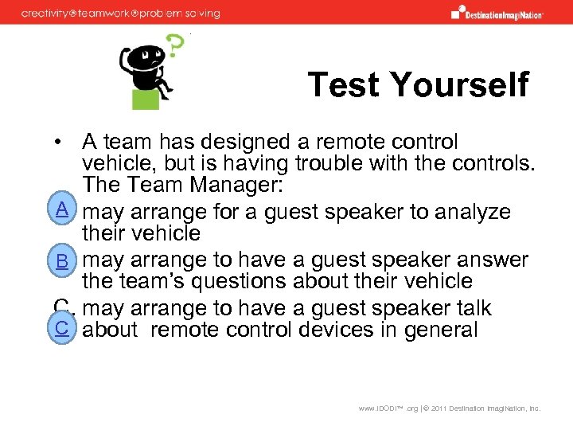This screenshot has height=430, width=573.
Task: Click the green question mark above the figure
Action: point(174,49)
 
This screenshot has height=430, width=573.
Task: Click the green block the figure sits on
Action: point(146,98)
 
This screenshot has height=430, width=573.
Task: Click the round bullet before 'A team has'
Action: point(59,143)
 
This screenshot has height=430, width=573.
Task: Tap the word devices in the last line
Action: point(337,329)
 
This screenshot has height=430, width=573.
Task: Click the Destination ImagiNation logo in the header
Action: point(497,12)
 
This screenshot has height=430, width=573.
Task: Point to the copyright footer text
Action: point(449,408)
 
